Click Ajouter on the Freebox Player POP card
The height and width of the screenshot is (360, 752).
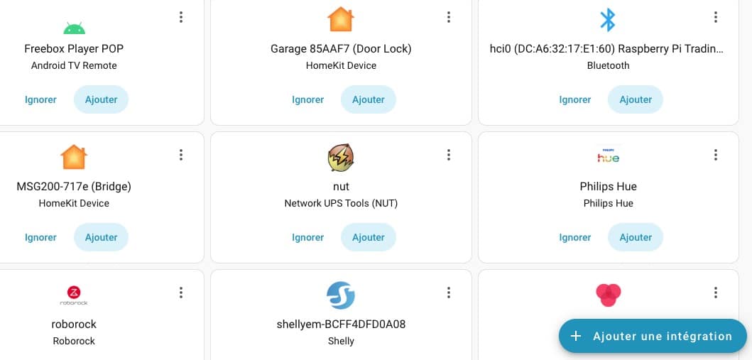(x=101, y=99)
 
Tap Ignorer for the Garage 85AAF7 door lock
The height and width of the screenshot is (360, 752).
(x=307, y=99)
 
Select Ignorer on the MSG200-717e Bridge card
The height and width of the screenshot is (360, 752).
(x=40, y=237)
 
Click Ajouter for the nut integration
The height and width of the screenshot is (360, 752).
(x=368, y=237)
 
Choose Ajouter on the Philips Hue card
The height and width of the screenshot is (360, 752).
(x=635, y=237)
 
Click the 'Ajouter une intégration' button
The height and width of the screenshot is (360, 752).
(x=652, y=336)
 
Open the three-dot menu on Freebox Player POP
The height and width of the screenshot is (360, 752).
(x=181, y=17)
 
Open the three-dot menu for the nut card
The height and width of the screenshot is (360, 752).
(x=449, y=155)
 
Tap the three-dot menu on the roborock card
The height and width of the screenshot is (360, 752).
(x=181, y=293)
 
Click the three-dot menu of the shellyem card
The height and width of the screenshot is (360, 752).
(x=449, y=293)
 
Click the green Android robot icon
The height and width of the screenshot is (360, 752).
(x=74, y=28)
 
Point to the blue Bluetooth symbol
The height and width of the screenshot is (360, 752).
(x=608, y=20)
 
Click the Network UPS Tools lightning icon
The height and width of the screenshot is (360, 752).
(x=341, y=158)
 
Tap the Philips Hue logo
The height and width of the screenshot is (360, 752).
(x=608, y=156)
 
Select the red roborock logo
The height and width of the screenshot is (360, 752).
(x=74, y=294)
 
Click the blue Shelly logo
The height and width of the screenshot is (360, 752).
(x=341, y=295)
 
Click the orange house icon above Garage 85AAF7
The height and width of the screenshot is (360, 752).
(x=341, y=20)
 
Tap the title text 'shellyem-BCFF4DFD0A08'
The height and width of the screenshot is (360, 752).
(x=341, y=324)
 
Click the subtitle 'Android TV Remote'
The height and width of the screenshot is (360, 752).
(x=74, y=65)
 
